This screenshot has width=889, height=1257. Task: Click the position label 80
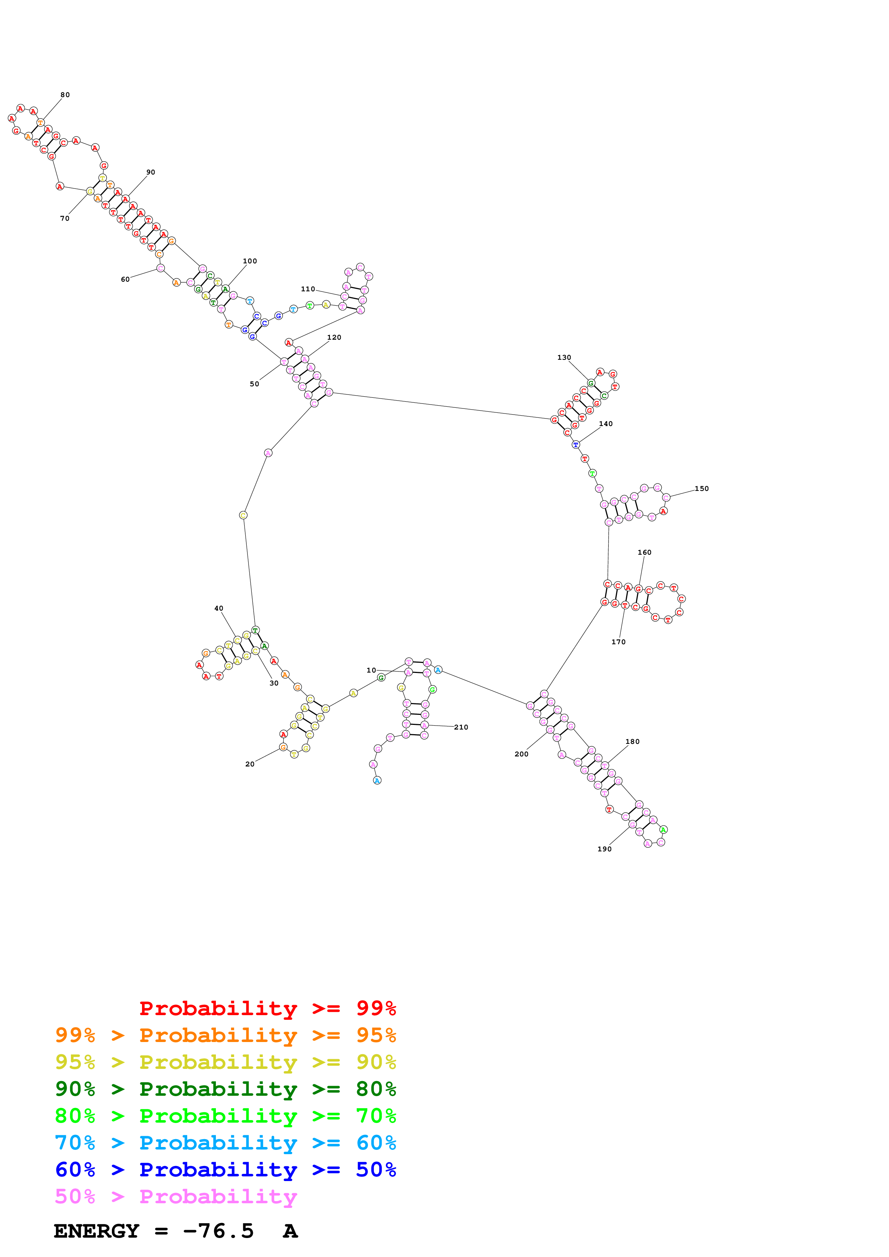pyautogui.click(x=65, y=95)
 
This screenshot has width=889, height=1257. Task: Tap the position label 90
pyautogui.click(x=151, y=172)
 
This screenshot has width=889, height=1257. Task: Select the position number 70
pyautogui.click(x=65, y=219)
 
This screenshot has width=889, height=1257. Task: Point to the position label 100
pyautogui.click(x=250, y=261)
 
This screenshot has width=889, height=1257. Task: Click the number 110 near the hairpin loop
pyautogui.click(x=308, y=289)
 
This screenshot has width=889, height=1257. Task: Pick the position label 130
pyautogui.click(x=564, y=358)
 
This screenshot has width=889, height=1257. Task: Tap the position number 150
pyautogui.click(x=702, y=489)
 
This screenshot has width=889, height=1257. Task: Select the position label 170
pyautogui.click(x=618, y=642)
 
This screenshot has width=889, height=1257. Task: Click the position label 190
pyautogui.click(x=604, y=849)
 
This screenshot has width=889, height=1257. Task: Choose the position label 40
pyautogui.click(x=218, y=608)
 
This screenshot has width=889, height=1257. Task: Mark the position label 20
pyautogui.click(x=250, y=764)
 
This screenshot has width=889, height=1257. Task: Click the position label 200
pyautogui.click(x=521, y=754)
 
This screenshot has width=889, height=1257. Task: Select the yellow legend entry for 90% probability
pyautogui.click(x=226, y=1062)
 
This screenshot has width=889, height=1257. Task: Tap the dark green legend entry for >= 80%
pyautogui.click(x=226, y=1089)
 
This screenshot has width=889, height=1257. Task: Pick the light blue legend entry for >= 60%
pyautogui.click(x=226, y=1143)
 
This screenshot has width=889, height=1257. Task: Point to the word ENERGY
pyautogui.click(x=96, y=1231)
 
